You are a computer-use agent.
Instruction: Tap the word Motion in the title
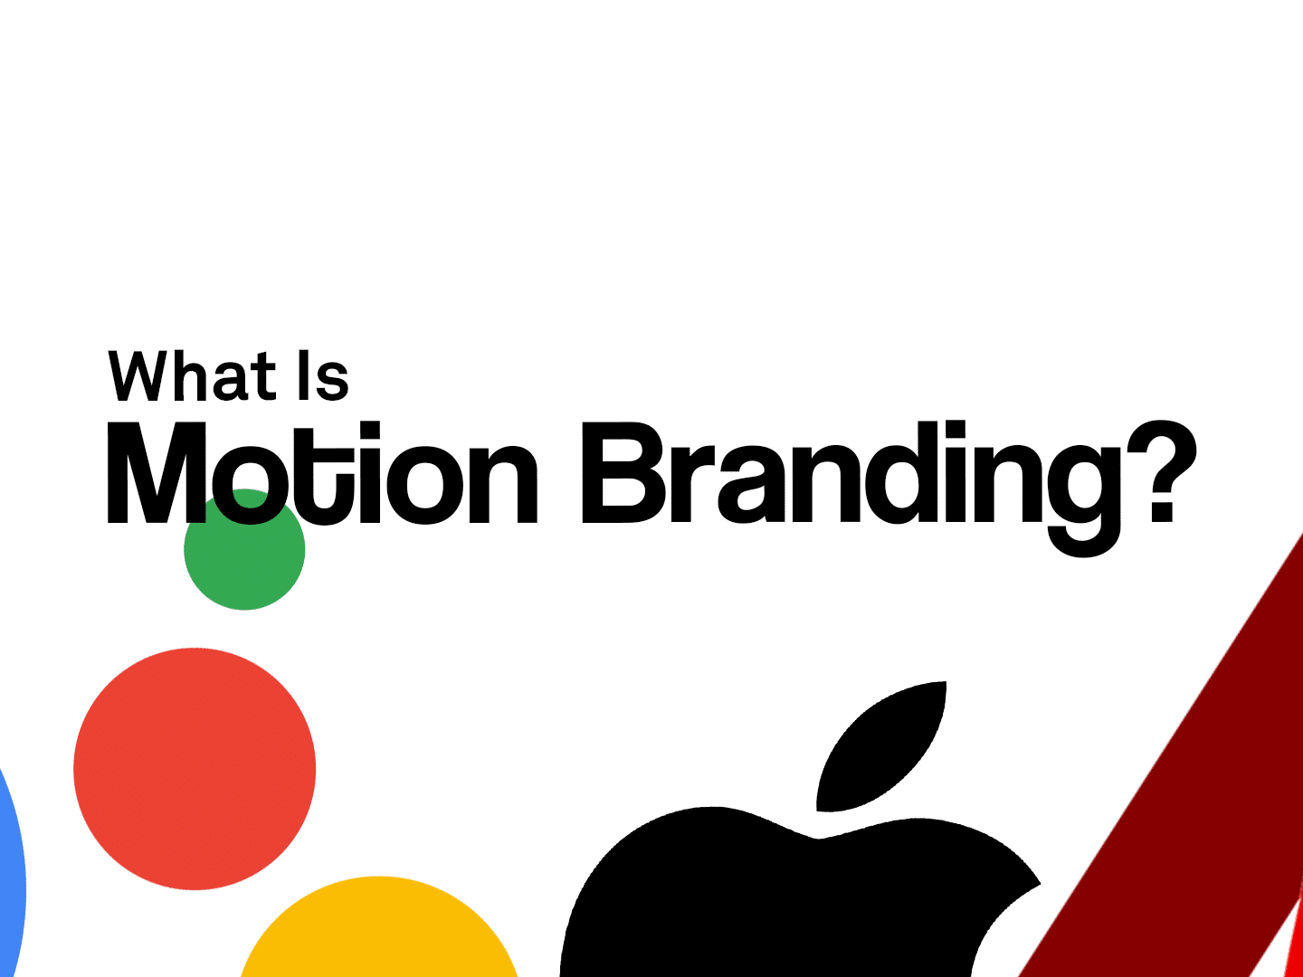tap(322, 474)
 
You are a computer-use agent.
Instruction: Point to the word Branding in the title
tap(851, 474)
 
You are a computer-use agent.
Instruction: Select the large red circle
tap(195, 769)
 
